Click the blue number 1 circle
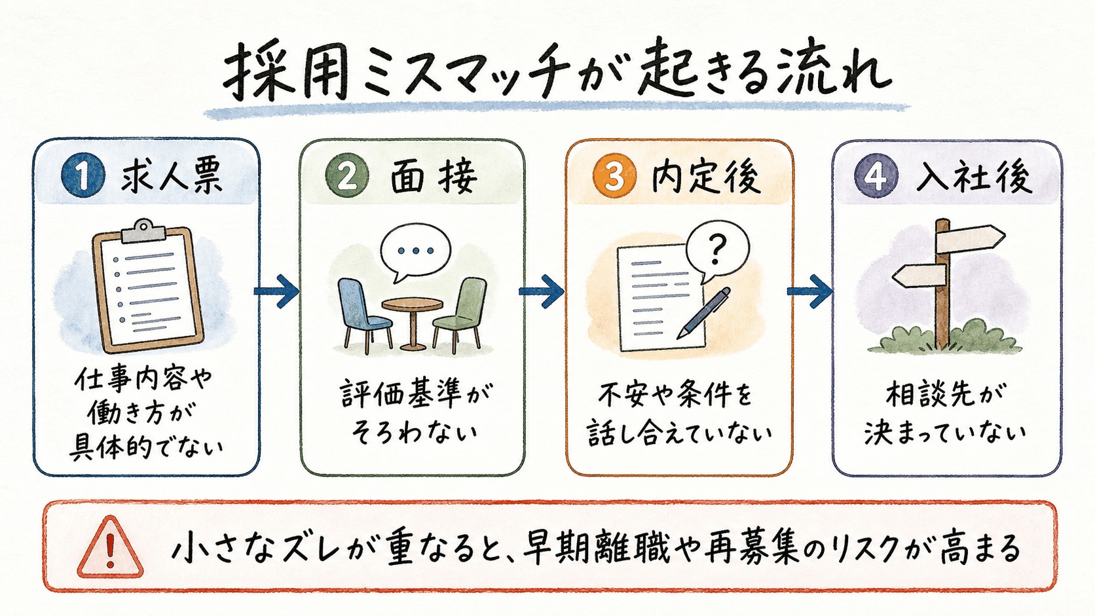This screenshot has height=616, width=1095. coord(83,176)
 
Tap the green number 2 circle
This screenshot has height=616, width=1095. coord(347,176)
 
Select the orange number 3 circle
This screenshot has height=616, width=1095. coord(614,176)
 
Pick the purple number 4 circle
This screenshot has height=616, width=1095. coord(876,176)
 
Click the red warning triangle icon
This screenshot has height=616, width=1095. coord(111,547)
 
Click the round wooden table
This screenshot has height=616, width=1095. coord(413,323)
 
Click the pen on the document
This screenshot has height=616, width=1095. coord(703,313)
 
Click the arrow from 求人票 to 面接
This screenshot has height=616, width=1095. coord(276,291)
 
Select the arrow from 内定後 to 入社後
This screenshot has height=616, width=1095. coord(809,291)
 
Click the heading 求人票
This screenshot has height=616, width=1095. coord(172,176)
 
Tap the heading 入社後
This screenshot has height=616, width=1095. coord(974,177)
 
